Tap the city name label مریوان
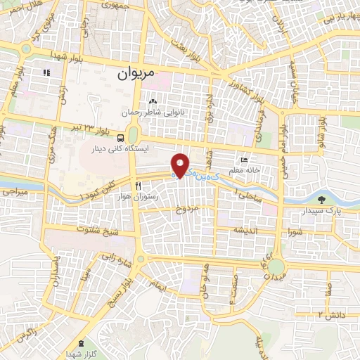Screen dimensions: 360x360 pyautogui.click(x=135, y=72)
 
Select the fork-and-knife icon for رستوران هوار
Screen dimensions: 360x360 pyautogui.click(x=139, y=186)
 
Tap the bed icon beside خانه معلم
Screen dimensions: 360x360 pyautogui.click(x=244, y=160)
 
